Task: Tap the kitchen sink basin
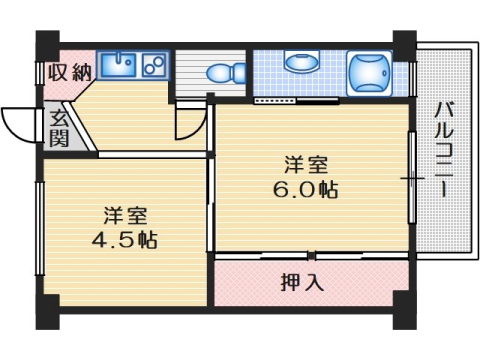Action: [120, 68]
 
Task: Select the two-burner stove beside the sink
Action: [154, 68]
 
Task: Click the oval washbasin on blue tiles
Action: [298, 63]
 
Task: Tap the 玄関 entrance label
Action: [59, 127]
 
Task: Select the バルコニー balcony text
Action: [441, 150]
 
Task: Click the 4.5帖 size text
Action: [125, 240]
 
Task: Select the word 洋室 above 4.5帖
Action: [125, 215]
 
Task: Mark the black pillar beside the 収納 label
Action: [47, 45]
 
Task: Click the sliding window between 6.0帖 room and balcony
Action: [411, 180]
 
